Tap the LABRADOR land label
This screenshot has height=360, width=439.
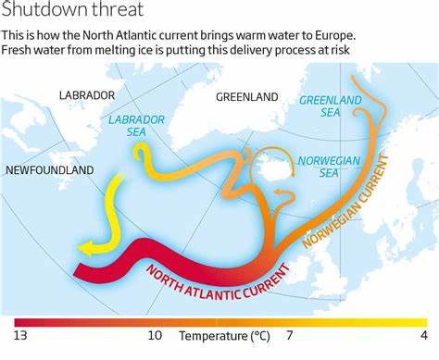(87, 95)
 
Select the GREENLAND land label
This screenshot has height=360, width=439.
(246, 96)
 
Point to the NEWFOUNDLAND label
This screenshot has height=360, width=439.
(50, 170)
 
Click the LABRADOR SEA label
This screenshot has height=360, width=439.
(136, 126)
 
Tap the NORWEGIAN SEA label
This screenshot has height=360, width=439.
(330, 167)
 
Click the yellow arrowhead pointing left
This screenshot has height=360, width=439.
(86, 246)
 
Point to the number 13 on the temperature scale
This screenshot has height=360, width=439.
(20, 335)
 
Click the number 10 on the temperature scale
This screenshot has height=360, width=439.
(155, 335)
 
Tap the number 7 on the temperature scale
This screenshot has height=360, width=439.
(289, 335)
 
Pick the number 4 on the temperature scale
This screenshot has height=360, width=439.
(423, 335)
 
